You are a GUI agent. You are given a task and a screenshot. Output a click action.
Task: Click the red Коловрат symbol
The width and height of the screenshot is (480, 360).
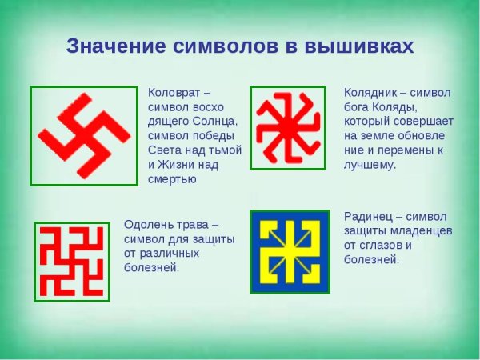(x=83, y=133)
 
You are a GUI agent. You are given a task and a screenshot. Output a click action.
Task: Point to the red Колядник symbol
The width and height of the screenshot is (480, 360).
(x=287, y=128)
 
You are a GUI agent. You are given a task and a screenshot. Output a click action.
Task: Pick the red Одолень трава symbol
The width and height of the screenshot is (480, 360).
(x=71, y=262)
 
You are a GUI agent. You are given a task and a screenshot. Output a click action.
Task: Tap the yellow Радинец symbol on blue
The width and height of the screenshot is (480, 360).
(x=289, y=251)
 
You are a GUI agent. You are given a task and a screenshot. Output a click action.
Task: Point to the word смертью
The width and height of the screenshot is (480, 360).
(x=172, y=179)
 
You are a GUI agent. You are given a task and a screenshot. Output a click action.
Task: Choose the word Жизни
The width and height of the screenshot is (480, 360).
(x=181, y=165)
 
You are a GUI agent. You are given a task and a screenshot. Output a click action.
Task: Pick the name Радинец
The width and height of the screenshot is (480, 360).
(x=370, y=216)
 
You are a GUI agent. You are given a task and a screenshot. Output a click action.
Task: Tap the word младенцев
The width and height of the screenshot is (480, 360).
(x=420, y=230)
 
